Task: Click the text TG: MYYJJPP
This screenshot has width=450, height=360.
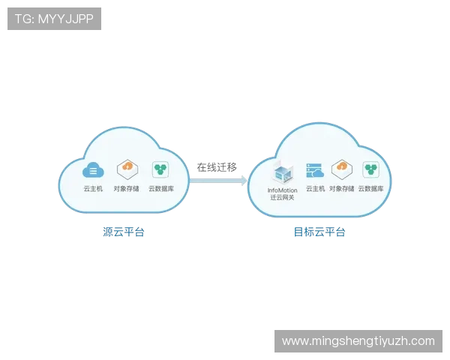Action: click(54, 19)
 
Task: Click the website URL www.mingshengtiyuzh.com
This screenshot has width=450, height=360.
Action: click(358, 340)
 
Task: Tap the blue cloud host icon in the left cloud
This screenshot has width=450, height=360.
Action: click(92, 169)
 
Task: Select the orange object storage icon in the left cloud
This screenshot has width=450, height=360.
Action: click(127, 169)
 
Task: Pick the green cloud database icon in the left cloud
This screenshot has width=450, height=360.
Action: click(160, 169)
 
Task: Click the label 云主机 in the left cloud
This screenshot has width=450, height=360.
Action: click(92, 189)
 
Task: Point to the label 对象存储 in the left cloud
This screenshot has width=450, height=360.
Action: click(127, 189)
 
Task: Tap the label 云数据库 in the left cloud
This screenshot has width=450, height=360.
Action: click(161, 189)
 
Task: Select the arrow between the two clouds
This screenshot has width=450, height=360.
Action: click(220, 180)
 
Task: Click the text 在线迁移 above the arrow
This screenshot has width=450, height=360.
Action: click(217, 167)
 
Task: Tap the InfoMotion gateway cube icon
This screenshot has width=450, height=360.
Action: click(282, 172)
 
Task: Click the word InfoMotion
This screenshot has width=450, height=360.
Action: click(282, 190)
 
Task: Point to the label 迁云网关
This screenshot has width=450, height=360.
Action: click(282, 198)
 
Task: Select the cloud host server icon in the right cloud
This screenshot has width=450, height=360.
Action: click(315, 170)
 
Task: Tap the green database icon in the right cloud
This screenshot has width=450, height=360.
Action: click(370, 169)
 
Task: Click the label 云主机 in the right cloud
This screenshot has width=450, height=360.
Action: click(315, 189)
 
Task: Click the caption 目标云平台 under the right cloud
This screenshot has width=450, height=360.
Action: click(320, 232)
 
